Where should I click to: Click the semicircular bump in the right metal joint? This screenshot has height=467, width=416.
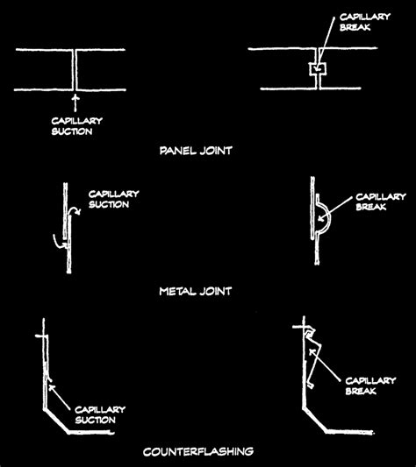tap(322, 215)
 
